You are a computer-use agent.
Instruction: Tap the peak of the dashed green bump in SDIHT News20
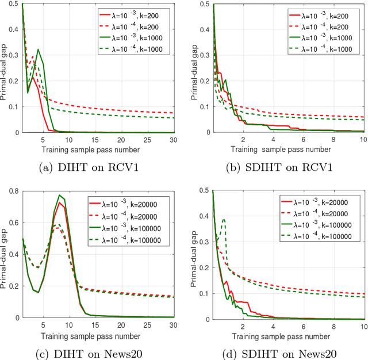pos(224,219)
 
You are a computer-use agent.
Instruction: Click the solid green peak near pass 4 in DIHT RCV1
pos(39,49)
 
